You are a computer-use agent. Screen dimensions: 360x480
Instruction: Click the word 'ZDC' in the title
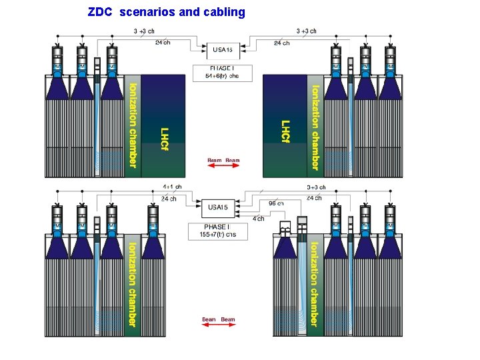(x=101, y=12)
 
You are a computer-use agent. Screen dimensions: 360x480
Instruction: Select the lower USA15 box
(x=218, y=207)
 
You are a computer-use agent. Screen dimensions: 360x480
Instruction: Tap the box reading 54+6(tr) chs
(x=224, y=72)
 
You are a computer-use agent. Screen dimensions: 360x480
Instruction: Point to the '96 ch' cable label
(x=276, y=203)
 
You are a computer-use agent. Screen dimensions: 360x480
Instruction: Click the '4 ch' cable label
(x=259, y=219)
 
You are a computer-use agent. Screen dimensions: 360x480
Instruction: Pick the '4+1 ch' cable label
(x=172, y=187)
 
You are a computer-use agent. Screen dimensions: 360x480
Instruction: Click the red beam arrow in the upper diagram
(x=223, y=166)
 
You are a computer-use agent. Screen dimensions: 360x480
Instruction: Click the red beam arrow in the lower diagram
(x=218, y=325)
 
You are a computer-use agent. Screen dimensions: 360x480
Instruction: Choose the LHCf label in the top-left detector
(x=165, y=138)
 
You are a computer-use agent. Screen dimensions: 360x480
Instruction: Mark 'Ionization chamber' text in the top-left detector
(x=133, y=125)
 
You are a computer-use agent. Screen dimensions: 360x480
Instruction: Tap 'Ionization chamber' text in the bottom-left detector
(x=133, y=283)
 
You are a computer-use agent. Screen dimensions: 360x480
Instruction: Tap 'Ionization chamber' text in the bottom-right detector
(x=314, y=283)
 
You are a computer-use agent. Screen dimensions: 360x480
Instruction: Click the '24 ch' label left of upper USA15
(x=162, y=43)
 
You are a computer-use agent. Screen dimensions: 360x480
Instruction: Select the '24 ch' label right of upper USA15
(x=282, y=43)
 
